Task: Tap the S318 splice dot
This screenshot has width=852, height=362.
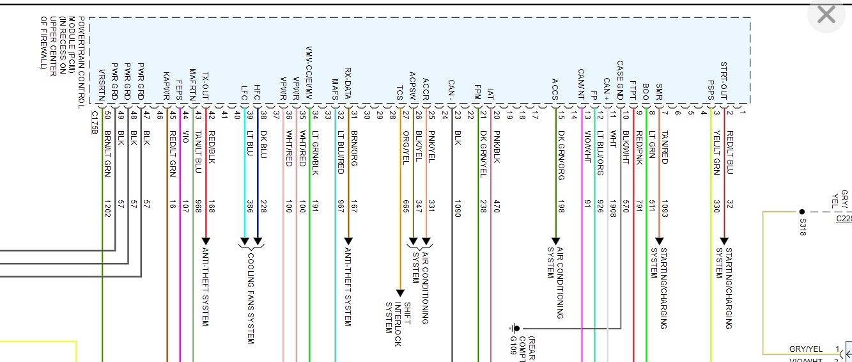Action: click(x=802, y=212)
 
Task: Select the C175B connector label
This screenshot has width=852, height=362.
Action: click(x=94, y=122)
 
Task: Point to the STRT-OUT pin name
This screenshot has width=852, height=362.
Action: click(x=724, y=81)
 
